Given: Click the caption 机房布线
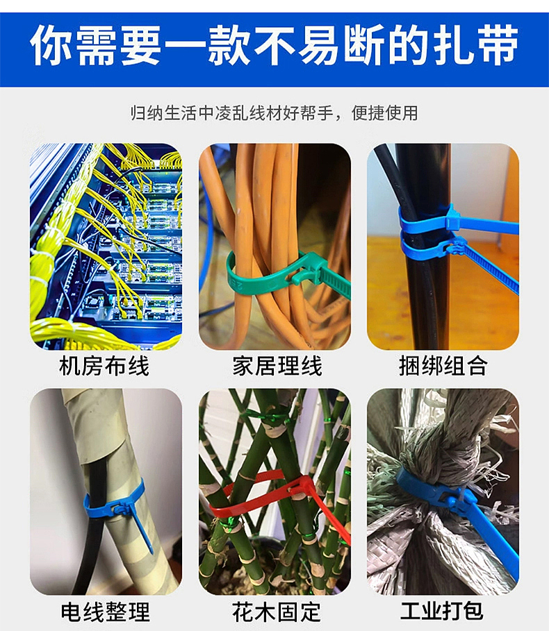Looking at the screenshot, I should [104, 366].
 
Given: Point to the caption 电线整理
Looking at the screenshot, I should [105, 612].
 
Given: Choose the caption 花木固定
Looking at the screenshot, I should [277, 612].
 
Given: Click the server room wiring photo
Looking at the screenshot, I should [106, 246].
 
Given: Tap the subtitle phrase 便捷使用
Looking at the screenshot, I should [385, 112].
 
